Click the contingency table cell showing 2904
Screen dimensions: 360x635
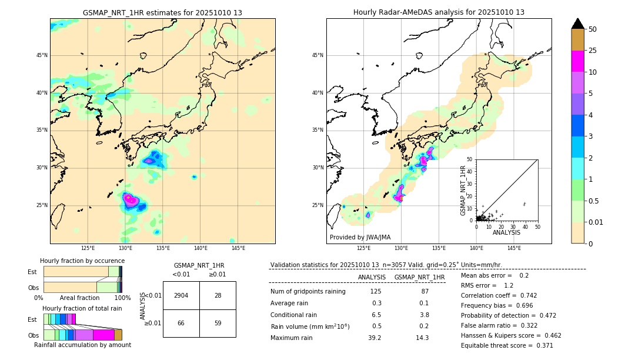pos(181,295)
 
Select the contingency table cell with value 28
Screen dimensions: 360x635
pos(218,295)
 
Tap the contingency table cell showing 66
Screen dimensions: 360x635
pos(181,323)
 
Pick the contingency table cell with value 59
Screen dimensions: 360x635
pos(218,323)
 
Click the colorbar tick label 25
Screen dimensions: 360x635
pos(593,51)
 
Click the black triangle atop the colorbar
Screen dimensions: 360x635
pos(577,24)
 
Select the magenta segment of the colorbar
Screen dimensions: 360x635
pos(577,61)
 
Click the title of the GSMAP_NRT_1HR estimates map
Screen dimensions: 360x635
pos(162,12)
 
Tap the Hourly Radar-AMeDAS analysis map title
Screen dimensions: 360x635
pos(439,12)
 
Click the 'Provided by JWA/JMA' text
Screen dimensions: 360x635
pos(360,237)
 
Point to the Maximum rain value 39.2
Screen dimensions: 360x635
pos(375,338)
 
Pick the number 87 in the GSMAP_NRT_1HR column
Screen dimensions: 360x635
pos(425,292)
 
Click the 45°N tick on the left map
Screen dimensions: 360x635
pos(42,55)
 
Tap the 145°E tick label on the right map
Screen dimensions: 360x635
pos(514,248)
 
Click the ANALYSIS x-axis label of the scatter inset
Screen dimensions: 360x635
pos(506,232)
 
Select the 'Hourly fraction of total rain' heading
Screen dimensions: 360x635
pos(82,308)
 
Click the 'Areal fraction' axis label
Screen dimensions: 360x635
pos(79,298)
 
